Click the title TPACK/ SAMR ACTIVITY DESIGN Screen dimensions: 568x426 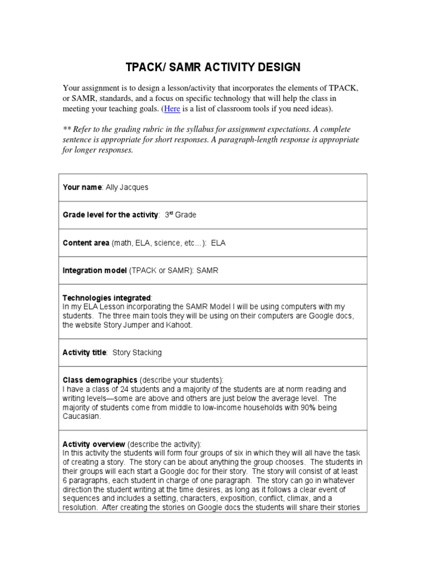click(213, 67)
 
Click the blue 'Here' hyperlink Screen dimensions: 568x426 click(172, 109)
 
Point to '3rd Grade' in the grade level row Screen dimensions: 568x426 click(180, 215)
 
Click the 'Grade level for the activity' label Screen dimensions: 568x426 click(110, 215)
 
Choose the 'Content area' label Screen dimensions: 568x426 click(86, 242)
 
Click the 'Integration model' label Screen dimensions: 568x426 click(95, 270)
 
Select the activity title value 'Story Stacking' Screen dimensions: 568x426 click(137, 352)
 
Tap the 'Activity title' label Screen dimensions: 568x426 click(85, 352)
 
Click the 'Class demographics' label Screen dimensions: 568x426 click(100, 380)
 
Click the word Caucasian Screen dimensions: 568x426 click(82, 416)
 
